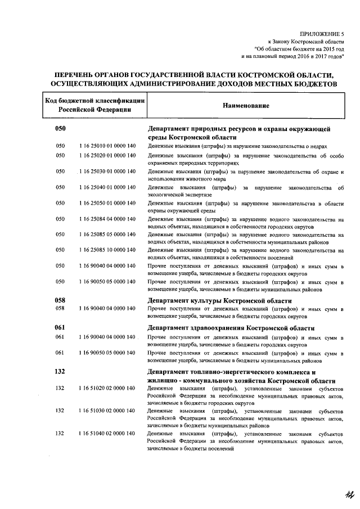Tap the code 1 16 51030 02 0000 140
pos(107,411)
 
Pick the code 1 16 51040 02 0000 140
pos(107,434)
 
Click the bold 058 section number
pos(60,300)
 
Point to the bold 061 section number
pos(60,328)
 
